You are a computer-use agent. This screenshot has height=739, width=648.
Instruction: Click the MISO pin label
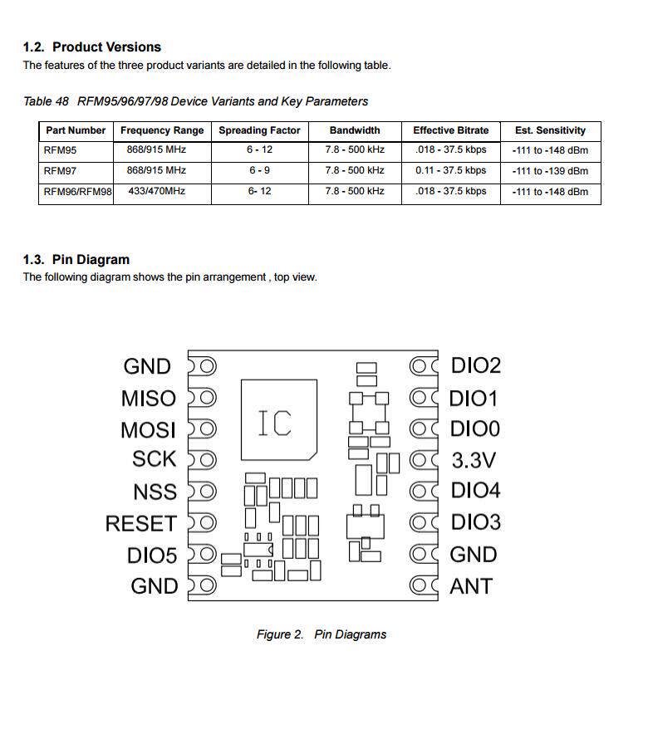149,399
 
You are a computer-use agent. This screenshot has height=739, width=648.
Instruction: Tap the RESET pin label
140,524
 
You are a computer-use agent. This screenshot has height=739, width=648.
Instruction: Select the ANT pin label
471,586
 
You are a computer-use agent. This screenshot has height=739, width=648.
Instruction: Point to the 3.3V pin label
474,460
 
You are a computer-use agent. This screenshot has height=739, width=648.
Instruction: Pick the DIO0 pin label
475,429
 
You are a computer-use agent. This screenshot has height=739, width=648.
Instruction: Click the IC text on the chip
274,423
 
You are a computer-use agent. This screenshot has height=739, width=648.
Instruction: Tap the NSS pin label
155,492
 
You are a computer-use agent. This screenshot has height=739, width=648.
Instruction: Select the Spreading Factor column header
259,130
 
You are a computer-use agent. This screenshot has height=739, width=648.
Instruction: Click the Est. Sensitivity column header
550,130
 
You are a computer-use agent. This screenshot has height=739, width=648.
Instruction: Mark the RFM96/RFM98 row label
77,191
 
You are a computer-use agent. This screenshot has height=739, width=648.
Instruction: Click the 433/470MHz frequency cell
157,191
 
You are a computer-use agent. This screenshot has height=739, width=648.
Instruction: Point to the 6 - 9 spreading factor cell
259,170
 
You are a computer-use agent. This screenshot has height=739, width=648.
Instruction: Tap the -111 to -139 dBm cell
550,170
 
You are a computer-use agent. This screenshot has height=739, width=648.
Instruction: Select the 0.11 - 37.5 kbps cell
450,170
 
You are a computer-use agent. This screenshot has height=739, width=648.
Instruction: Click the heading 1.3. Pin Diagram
76,259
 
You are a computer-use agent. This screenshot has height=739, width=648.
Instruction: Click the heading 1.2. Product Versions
92,46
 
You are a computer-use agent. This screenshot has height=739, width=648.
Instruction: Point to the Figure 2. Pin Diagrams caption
322,634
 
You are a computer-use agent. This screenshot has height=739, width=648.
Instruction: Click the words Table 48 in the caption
46,101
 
